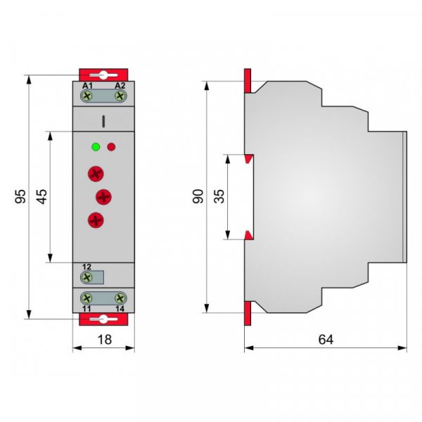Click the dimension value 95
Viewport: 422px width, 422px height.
20,196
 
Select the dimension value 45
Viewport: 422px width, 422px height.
42,196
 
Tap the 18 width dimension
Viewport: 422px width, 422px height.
104,340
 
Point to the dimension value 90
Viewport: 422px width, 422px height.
198,196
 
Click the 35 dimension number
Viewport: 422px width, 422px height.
219,196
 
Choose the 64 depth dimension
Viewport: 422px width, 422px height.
326,340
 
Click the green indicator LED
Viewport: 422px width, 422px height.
96,147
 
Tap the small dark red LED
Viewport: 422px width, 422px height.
111,147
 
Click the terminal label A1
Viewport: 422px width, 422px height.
87,86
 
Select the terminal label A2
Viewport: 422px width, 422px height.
120,86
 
